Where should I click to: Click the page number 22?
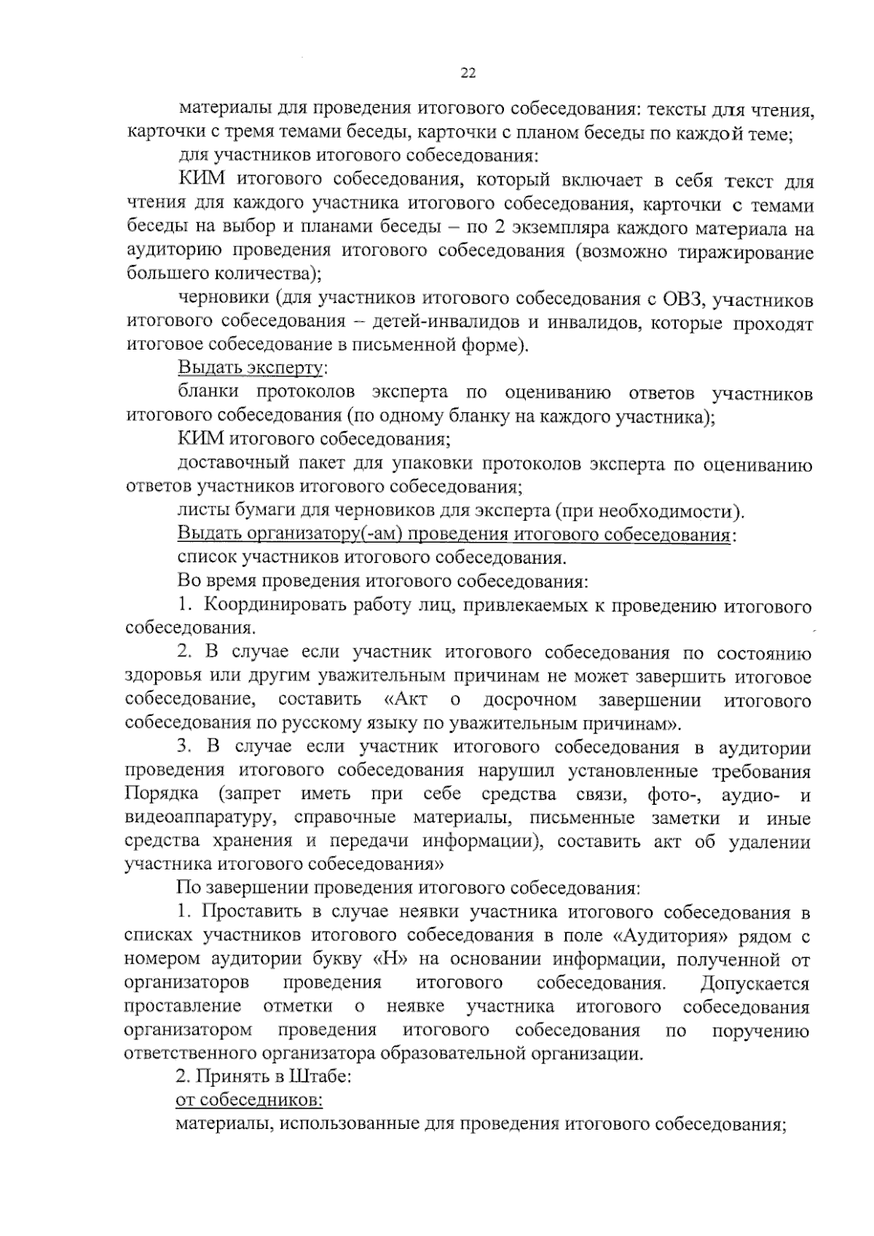coord(468,72)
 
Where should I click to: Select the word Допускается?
coord(755,983)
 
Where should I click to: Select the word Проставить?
coord(247,912)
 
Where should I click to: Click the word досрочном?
coord(529,700)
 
